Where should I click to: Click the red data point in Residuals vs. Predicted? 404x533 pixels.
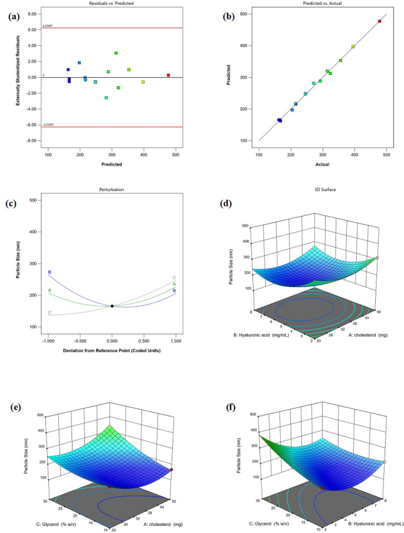tap(168, 75)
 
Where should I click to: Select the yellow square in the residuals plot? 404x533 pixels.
tap(143, 82)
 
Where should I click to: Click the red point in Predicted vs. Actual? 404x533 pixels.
tap(379, 21)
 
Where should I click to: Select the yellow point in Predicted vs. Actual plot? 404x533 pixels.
tap(353, 47)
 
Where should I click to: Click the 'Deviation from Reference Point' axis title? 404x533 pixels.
tap(112, 350)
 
